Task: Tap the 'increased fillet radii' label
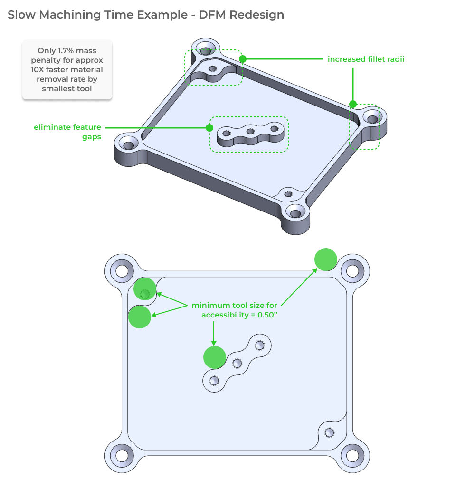click(x=366, y=59)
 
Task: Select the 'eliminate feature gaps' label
click(x=67, y=132)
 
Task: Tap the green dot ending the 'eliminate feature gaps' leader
click(x=209, y=127)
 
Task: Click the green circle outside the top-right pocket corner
click(x=326, y=259)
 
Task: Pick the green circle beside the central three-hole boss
click(x=215, y=357)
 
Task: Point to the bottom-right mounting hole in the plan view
click(x=352, y=455)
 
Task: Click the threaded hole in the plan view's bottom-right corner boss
click(x=329, y=432)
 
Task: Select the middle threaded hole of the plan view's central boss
click(x=237, y=364)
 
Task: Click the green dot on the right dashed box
click(x=353, y=104)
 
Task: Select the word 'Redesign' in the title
click(x=256, y=15)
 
